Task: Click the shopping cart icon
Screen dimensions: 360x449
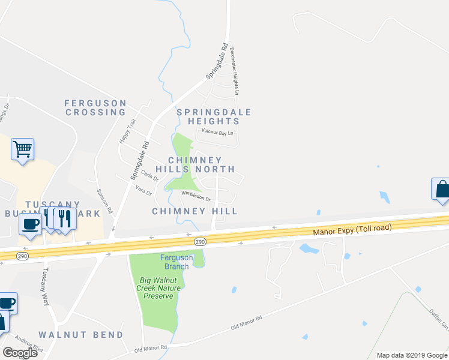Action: coord(22,148)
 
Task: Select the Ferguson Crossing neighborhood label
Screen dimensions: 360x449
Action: coord(95,107)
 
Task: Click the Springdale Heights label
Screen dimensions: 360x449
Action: coord(214,116)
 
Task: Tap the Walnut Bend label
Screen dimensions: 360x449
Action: coord(81,334)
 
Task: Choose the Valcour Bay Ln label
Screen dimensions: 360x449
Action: coord(216,133)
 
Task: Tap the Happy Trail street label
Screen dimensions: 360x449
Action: coord(125,130)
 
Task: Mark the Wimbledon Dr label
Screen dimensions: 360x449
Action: coord(196,196)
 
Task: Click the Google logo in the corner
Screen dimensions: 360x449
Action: coord(20,353)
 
